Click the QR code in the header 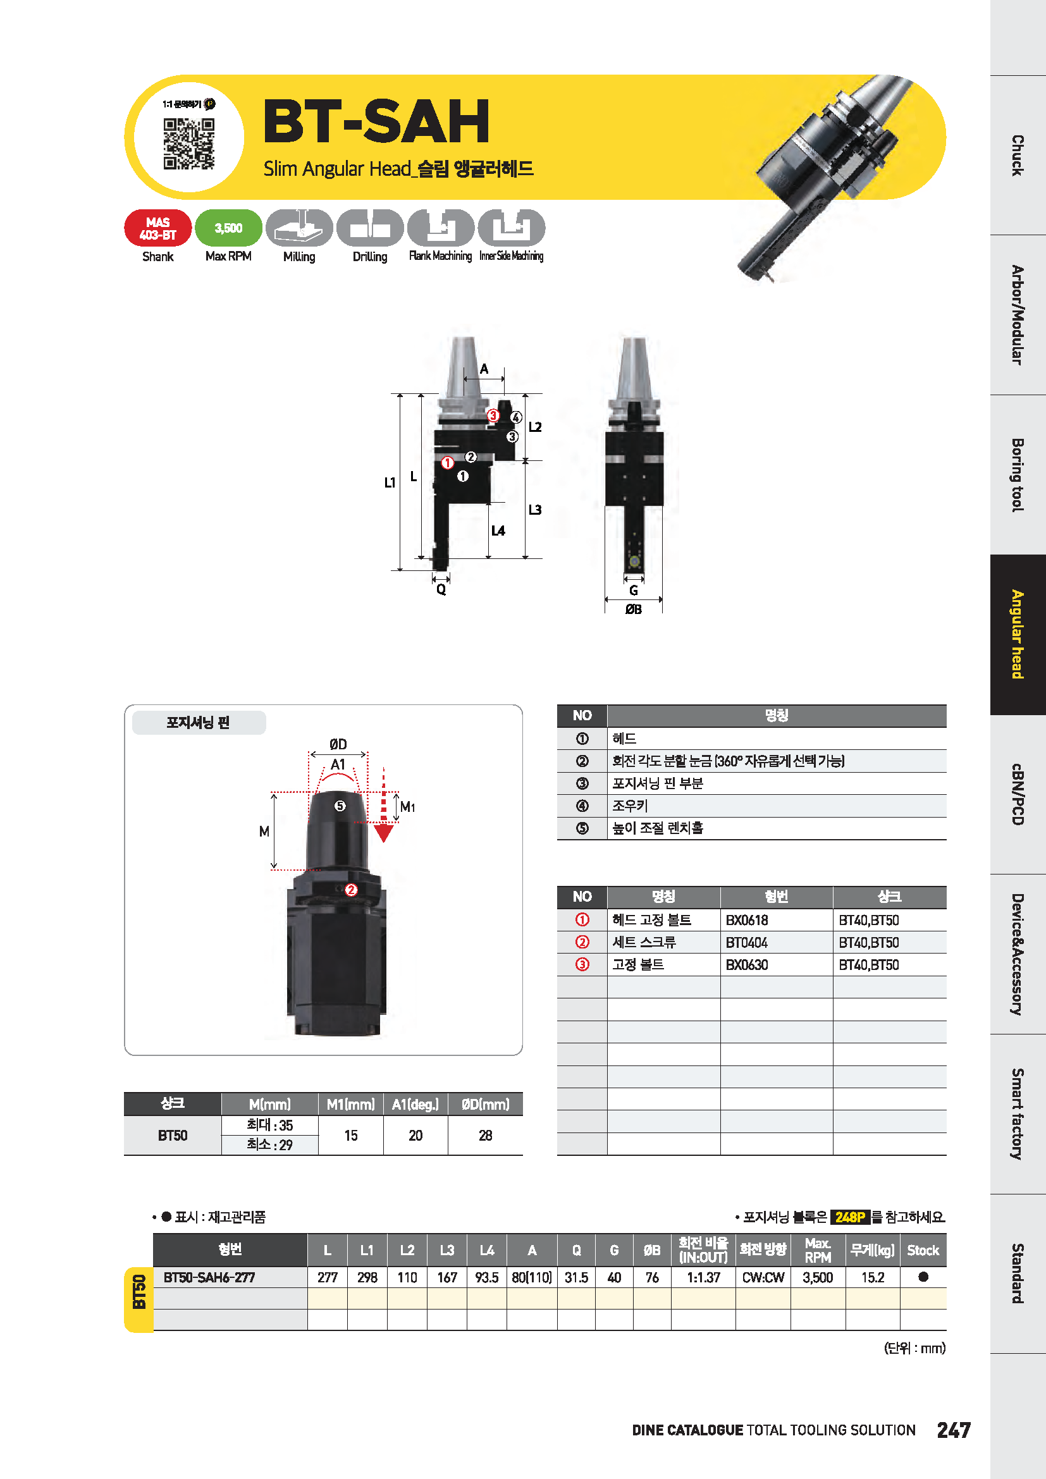(188, 144)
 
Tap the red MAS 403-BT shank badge (158, 228)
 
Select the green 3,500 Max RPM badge (229, 228)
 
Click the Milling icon (300, 228)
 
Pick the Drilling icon (371, 228)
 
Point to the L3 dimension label (535, 510)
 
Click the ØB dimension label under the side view (634, 609)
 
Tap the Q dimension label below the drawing (441, 589)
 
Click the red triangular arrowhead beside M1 (384, 833)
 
